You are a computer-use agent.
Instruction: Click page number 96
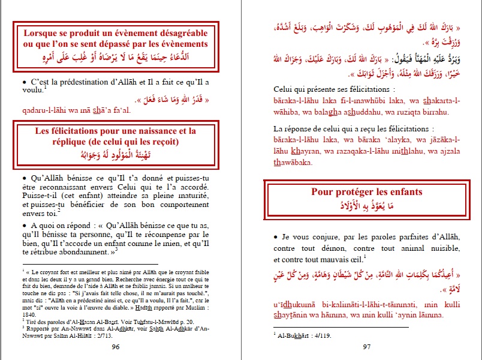(116, 347)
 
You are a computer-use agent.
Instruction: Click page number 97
(367, 347)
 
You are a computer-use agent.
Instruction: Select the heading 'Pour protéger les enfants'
(366, 192)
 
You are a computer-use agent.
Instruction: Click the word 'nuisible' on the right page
(445, 248)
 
